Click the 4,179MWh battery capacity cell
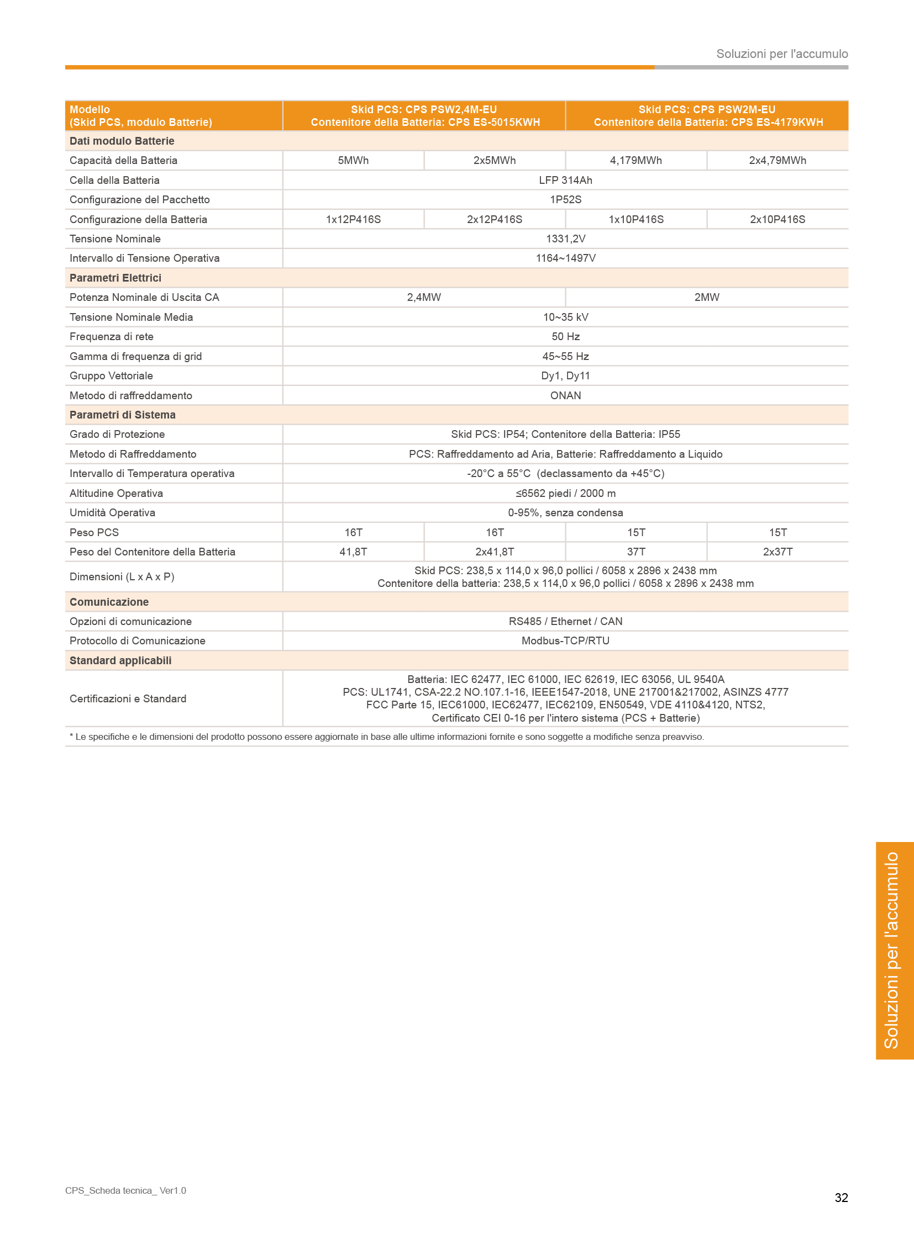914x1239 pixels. coord(635,160)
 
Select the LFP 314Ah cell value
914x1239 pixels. coord(565,180)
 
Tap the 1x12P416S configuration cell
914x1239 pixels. coord(353,220)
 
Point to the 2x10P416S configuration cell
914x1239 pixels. coord(778,220)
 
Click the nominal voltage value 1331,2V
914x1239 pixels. coord(565,239)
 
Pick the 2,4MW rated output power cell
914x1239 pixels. coord(424,298)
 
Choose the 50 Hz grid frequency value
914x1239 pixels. coord(565,337)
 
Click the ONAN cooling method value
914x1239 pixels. coord(565,395)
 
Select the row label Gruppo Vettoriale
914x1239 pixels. coord(111,376)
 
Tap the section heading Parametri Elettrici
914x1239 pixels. coord(115,278)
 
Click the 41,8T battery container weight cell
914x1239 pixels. coord(353,552)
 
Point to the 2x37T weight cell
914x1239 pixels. coord(778,552)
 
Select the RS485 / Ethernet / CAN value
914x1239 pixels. coord(565,622)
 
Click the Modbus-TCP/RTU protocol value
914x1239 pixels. coord(565,641)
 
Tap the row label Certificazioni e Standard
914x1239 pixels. coord(128,699)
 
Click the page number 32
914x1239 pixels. coord(841,1198)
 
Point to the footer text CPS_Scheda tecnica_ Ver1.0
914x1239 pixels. coord(125,1190)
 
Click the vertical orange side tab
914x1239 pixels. coord(894,950)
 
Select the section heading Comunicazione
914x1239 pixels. coord(109,602)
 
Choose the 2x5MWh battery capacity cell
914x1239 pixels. coord(495,160)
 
